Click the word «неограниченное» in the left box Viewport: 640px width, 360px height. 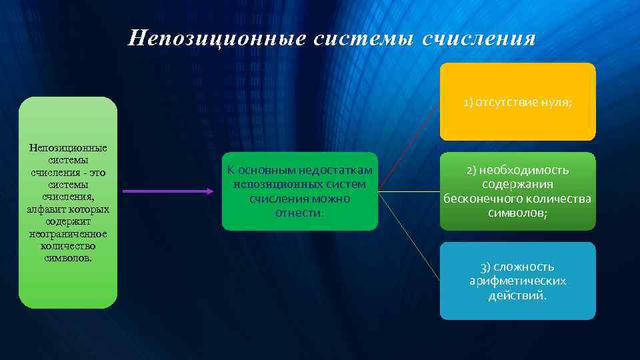point(67,234)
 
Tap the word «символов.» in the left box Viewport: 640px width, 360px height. point(67,258)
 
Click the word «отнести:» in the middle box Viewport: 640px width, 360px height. point(299,213)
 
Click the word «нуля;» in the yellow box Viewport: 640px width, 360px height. point(557,103)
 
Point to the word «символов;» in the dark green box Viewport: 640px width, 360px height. point(517,212)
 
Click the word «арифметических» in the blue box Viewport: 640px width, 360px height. point(517,281)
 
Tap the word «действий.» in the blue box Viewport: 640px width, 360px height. point(517,295)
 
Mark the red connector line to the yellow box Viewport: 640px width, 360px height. point(409,147)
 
